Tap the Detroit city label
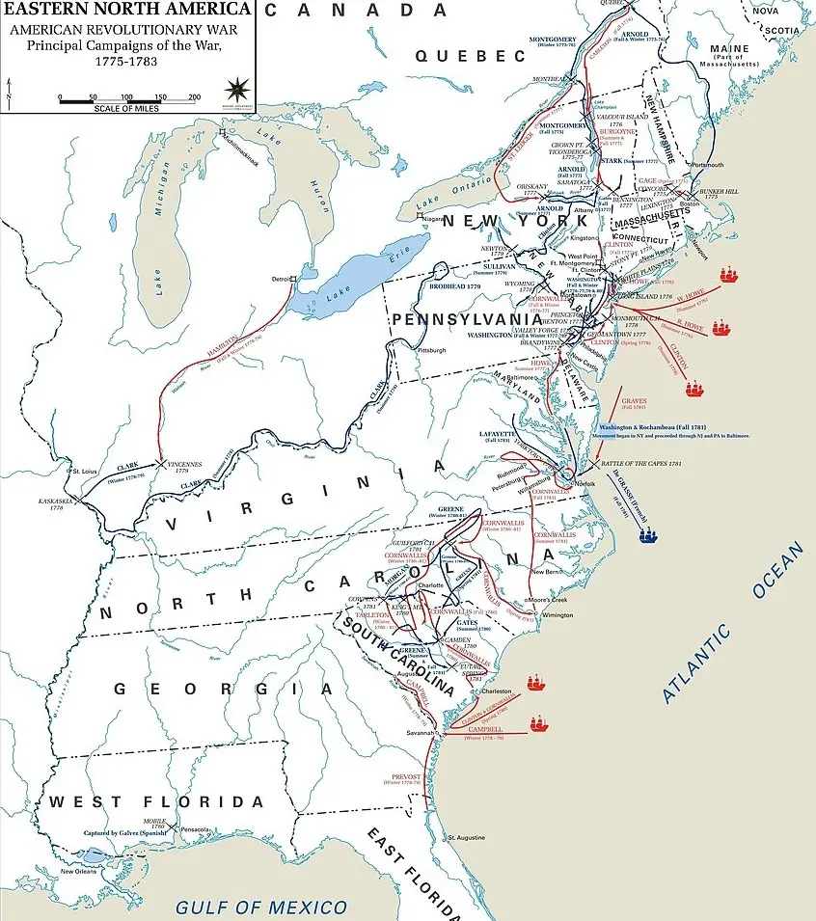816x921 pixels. click(282, 280)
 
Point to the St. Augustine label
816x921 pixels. click(462, 837)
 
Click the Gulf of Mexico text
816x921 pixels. click(260, 907)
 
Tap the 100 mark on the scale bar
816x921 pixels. click(126, 97)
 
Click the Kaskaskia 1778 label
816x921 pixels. click(50, 502)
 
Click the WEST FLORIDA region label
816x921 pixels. click(156, 802)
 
